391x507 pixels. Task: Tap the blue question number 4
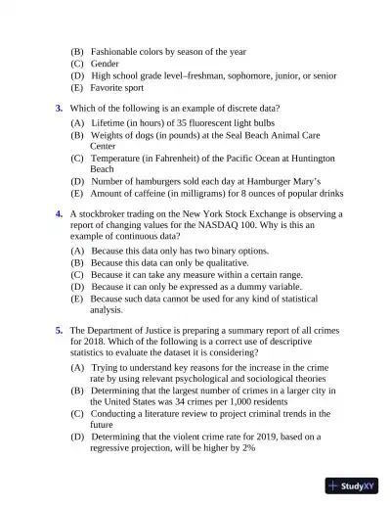(59, 212)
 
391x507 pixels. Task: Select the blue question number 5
(59, 331)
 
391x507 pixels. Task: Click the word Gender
(105, 63)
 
